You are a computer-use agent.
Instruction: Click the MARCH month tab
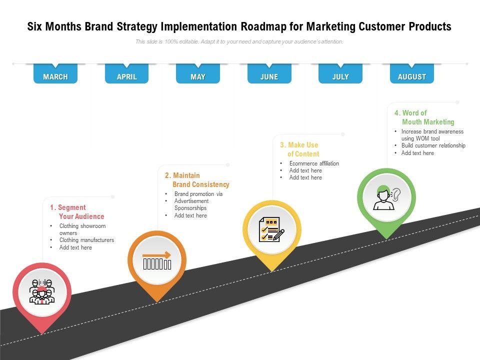point(55,77)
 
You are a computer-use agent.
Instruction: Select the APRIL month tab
point(126,77)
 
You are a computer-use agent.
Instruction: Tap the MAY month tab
point(198,77)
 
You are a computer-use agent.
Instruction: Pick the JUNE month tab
point(269,77)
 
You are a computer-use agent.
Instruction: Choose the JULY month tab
point(340,77)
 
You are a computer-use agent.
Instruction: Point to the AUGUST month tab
point(412,77)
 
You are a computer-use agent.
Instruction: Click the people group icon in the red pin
point(42,291)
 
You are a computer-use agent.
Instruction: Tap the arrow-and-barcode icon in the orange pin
point(157,259)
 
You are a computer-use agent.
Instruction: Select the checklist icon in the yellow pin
point(271,229)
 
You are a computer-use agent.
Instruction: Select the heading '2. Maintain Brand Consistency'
point(197,180)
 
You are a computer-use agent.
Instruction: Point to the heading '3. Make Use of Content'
point(299,149)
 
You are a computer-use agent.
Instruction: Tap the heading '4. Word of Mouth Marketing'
point(424,117)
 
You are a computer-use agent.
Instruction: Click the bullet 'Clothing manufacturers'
point(86,240)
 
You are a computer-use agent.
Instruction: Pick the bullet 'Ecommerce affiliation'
point(314,163)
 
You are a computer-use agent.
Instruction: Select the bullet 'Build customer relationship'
point(433,145)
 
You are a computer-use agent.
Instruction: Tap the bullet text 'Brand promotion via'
point(198,194)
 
